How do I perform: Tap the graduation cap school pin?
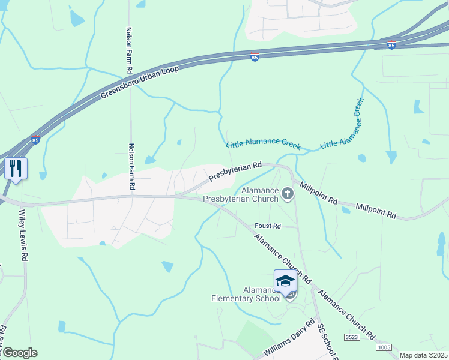(285, 281)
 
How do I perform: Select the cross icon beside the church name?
(288, 193)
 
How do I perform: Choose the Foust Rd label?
(268, 226)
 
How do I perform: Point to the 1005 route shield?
(383, 347)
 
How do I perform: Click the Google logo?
(19, 353)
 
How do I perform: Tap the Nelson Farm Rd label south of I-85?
(132, 167)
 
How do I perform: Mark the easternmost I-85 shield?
(391, 46)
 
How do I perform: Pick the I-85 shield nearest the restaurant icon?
(35, 140)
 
